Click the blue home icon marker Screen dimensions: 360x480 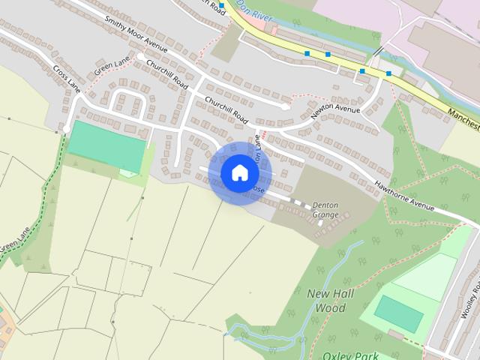point(239,173)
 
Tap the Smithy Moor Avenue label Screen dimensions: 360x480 point(135,34)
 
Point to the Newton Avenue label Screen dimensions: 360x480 point(336,109)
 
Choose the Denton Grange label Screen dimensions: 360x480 point(325,210)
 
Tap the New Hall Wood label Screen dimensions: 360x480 point(326,300)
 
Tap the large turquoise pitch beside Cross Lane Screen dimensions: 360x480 point(106,145)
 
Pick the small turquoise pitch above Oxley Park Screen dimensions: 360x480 point(398,313)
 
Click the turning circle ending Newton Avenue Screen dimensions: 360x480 point(285,107)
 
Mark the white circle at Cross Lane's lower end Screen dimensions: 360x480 point(66,130)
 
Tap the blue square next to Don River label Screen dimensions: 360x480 point(222,6)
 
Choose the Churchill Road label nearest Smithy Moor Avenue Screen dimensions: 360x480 point(166,73)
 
